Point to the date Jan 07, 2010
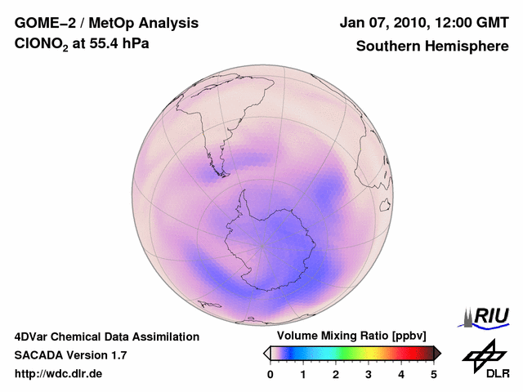(381, 23)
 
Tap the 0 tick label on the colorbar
(270, 374)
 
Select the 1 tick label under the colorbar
(303, 374)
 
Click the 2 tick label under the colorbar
(336, 374)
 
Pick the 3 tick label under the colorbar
(369, 374)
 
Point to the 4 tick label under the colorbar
(401, 374)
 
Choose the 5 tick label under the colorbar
(434, 374)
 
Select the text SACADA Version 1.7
(70, 355)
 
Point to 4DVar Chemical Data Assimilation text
(106, 336)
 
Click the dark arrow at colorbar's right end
(437, 353)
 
